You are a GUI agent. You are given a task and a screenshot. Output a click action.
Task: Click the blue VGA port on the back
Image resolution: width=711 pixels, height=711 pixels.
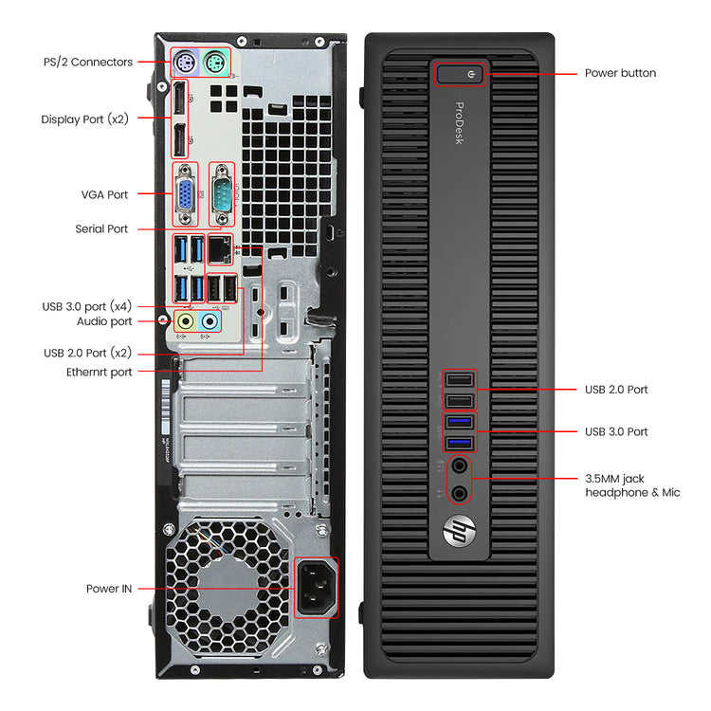click(x=184, y=194)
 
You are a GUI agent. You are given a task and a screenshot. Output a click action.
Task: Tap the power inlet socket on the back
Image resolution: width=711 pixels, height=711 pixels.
click(x=316, y=588)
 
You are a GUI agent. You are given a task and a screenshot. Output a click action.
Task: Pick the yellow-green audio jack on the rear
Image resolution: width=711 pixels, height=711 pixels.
click(x=186, y=322)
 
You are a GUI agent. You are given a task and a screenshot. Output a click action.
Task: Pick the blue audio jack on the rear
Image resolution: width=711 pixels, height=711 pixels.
click(x=210, y=322)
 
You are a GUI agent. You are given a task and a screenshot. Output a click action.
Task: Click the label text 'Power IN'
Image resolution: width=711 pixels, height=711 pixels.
click(x=109, y=589)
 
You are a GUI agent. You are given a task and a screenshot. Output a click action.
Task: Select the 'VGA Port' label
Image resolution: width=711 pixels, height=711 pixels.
click(x=104, y=194)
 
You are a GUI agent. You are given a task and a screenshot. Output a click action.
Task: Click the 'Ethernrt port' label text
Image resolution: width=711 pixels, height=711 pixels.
click(x=100, y=372)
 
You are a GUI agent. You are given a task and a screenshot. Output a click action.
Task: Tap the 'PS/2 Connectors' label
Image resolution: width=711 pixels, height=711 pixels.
click(x=88, y=62)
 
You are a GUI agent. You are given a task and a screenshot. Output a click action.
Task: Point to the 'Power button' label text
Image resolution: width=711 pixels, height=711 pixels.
click(x=620, y=73)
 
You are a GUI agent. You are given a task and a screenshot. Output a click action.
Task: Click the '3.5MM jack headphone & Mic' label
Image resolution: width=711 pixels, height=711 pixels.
click(x=631, y=485)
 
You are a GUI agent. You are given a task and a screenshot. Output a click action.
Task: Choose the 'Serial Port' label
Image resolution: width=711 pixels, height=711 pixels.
click(x=101, y=228)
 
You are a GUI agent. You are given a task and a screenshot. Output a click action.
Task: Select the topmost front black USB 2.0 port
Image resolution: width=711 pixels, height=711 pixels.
click(x=459, y=380)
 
